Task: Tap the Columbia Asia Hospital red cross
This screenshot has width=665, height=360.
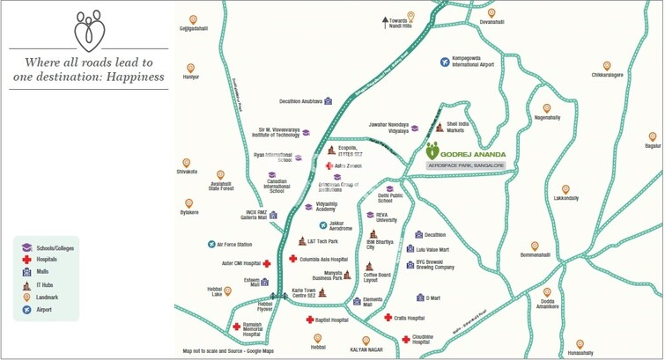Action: [x=293, y=259]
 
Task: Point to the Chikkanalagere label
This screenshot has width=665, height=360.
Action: [x=607, y=76]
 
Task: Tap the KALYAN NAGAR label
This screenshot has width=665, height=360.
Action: [x=366, y=348]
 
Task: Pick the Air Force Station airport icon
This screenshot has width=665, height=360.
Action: [x=211, y=244]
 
